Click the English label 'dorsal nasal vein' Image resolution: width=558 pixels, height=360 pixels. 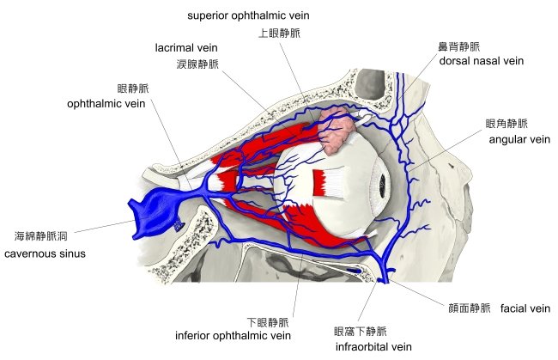click(481, 61)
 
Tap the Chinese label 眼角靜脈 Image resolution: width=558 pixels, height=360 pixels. click(506, 123)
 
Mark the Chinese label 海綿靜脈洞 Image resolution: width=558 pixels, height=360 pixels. click(40, 235)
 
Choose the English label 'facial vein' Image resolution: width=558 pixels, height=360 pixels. click(525, 308)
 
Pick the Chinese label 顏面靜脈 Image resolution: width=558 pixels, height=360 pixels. click(470, 308)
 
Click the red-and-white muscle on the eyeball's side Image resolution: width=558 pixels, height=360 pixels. click(330, 182)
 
